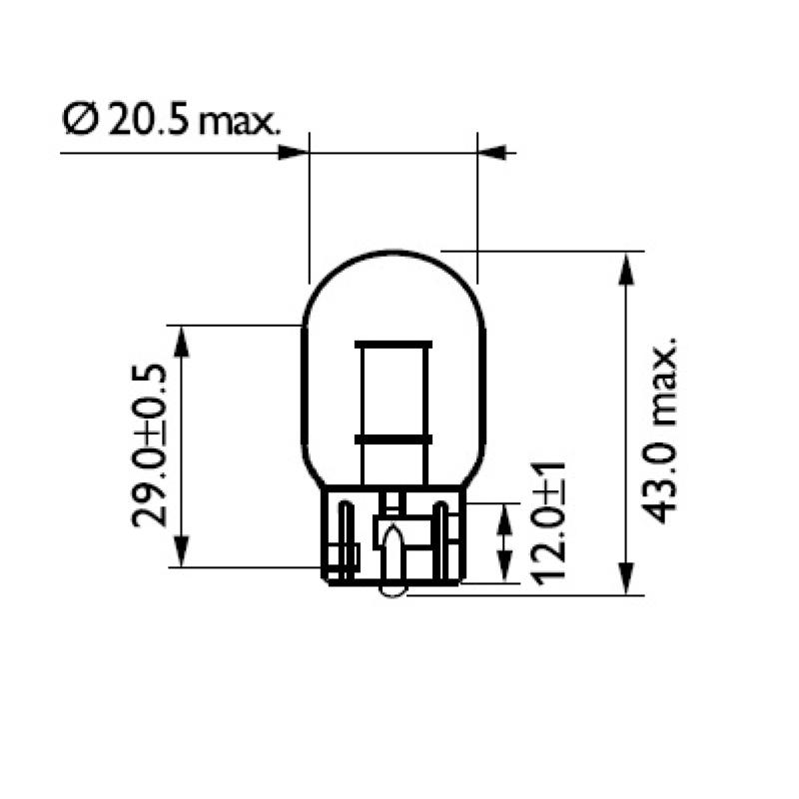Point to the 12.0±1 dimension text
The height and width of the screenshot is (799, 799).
click(550, 521)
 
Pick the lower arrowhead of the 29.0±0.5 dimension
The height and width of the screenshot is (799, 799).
click(181, 552)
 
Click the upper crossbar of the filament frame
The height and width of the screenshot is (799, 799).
click(394, 346)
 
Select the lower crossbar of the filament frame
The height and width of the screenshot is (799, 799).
click(394, 439)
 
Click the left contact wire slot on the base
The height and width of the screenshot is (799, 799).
click(346, 539)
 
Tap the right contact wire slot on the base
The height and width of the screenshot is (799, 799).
click(439, 539)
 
